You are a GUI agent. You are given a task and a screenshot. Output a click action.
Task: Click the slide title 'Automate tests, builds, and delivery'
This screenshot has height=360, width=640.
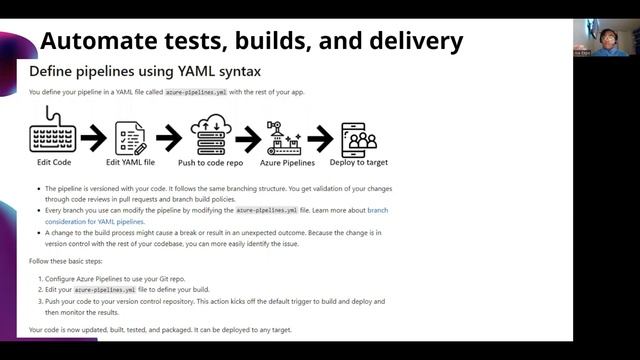click(x=251, y=41)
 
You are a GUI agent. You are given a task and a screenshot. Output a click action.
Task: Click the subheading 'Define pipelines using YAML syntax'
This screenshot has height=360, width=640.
click(x=145, y=71)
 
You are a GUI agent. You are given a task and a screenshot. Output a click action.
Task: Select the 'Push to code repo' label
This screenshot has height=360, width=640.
click(x=212, y=162)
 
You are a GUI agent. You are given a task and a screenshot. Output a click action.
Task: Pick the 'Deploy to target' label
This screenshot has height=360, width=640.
click(x=358, y=162)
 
